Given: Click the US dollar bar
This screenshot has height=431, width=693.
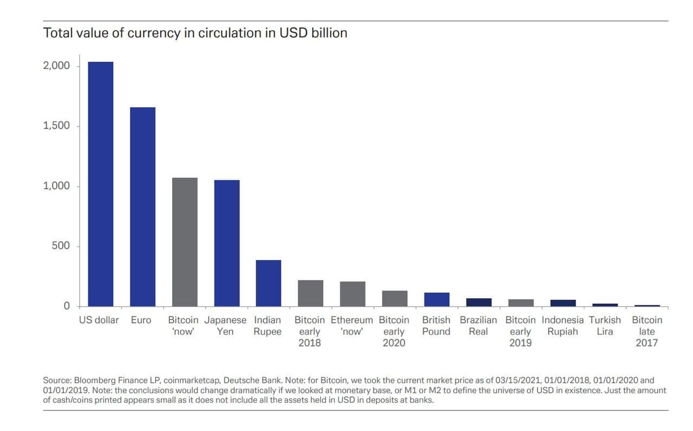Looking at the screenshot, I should [101, 184].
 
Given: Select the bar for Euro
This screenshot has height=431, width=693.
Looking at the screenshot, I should [143, 207].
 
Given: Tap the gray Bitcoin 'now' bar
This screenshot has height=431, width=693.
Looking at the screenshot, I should [185, 242].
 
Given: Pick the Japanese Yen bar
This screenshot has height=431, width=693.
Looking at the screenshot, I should [227, 243].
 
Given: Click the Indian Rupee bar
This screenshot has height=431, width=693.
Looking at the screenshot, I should [269, 283].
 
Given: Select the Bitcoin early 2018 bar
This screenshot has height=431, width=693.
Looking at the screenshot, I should [311, 293].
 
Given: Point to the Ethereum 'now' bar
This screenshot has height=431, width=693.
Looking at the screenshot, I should [352, 294].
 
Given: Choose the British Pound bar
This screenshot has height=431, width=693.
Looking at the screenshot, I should [436, 299].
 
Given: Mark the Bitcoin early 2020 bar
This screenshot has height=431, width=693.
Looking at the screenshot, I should [395, 298].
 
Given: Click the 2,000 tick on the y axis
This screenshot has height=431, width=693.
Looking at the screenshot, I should [57, 66].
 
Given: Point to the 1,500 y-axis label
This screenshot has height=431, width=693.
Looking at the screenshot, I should [57, 126].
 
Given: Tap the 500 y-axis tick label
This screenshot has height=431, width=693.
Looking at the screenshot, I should [61, 246].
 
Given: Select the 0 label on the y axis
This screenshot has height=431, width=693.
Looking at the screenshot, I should [67, 306].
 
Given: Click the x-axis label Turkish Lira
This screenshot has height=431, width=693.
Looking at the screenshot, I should [605, 326].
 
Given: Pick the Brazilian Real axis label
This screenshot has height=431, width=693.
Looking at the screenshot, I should [478, 326].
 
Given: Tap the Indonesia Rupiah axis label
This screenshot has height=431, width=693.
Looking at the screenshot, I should [563, 326].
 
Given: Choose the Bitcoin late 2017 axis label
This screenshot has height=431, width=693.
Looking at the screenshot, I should [647, 331].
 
